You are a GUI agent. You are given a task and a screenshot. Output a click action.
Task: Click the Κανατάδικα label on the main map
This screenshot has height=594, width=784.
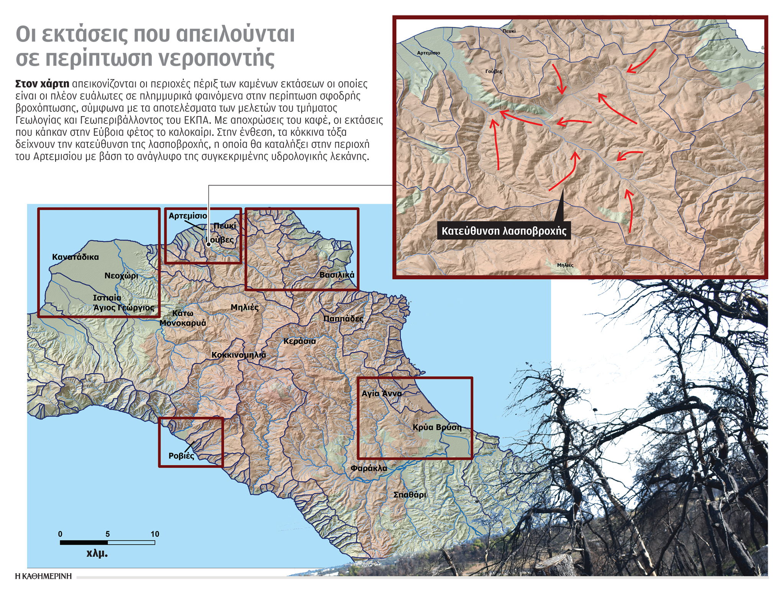pos(75,257)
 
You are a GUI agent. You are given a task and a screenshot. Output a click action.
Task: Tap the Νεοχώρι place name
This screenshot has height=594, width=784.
pos(121,276)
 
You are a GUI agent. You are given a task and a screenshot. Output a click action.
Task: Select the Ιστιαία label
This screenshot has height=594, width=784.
pos(107,298)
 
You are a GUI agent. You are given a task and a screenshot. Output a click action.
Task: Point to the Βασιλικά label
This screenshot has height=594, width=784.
pos(337,275)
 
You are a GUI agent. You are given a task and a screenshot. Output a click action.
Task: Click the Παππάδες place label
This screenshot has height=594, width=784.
pos(343,318)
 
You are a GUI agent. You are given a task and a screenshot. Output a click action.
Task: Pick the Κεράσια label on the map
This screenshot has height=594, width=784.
pos(300,341)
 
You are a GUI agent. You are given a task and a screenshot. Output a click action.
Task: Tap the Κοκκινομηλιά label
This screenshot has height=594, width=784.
pos(238,355)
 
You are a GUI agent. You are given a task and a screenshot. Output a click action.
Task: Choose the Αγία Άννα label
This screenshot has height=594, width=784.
pos(382,393)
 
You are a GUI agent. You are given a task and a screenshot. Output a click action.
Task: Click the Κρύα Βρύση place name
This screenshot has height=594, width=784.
pos(437,427)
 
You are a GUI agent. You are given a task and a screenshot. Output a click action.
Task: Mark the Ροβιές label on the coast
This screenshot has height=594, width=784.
pos(181,456)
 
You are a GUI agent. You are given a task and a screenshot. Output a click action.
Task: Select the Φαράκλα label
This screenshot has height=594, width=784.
pos(369,468)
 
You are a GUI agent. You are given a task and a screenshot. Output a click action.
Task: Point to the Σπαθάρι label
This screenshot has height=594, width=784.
pos(410,495)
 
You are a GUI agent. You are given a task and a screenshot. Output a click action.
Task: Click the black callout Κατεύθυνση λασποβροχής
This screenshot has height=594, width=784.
pos(504,231)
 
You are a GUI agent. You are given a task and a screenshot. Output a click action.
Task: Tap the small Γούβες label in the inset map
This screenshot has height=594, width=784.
pos(493,71)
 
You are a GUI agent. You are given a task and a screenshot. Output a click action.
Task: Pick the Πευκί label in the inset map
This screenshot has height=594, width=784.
pos(509,31)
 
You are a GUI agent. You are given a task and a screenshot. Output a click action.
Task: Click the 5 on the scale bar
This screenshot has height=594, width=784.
pos(107,534)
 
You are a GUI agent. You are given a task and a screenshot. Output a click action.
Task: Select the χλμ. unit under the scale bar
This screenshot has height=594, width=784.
pos(97,553)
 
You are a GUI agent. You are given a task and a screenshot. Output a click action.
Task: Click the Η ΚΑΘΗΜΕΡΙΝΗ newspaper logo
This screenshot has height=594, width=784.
pos(43,576)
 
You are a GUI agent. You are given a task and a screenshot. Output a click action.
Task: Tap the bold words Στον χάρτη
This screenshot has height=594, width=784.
pos(42,84)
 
